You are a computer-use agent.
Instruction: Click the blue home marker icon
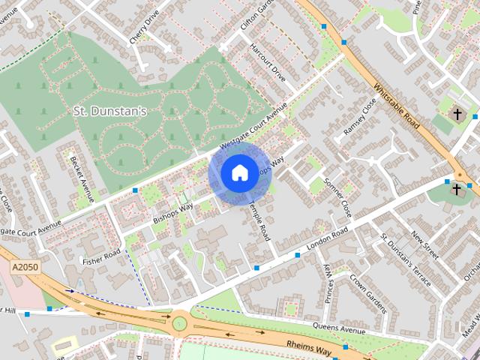[239, 173]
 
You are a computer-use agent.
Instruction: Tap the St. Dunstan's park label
[110, 112]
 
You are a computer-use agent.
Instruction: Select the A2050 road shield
[24, 267]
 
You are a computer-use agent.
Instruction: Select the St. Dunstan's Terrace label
[405, 259]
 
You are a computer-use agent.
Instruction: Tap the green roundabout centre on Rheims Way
[180, 324]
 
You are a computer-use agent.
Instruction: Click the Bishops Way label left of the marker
[173, 212]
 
